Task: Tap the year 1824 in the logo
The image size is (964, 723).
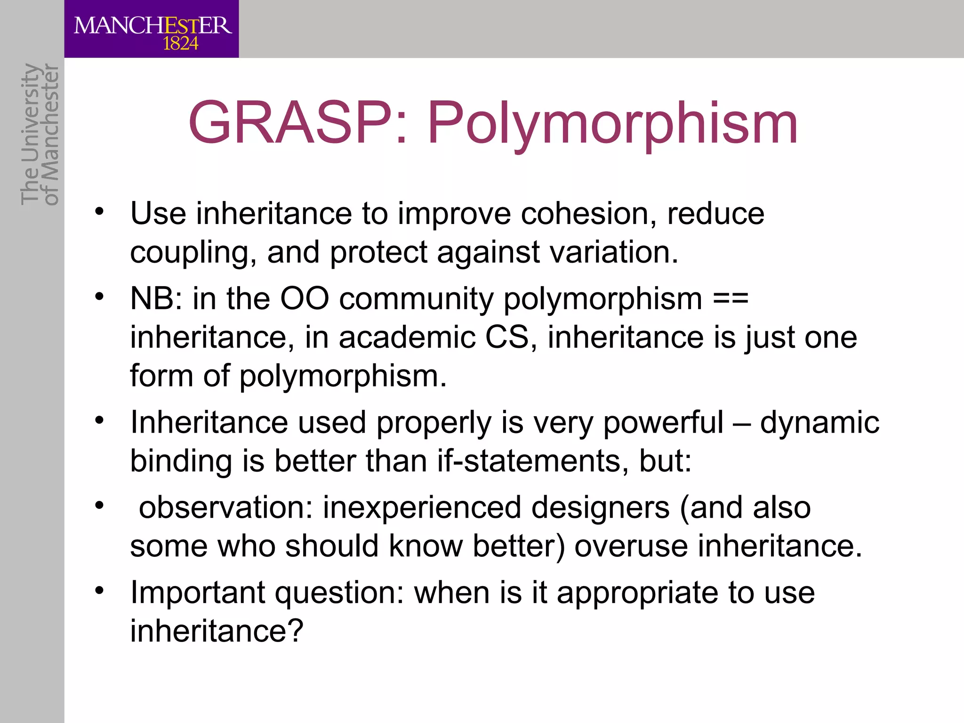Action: [180, 44]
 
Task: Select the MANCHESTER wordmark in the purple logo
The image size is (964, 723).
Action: [153, 25]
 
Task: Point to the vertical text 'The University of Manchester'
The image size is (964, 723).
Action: [40, 135]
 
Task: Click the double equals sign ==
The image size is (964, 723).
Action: [731, 298]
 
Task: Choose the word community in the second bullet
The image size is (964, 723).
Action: [416, 299]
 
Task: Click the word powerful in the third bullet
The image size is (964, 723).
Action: [663, 422]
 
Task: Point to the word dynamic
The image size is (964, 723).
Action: [819, 422]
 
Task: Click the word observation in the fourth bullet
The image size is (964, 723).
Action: [225, 507]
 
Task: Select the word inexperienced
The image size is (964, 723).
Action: [422, 508]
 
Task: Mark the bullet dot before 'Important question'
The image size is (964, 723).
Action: [98, 590]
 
